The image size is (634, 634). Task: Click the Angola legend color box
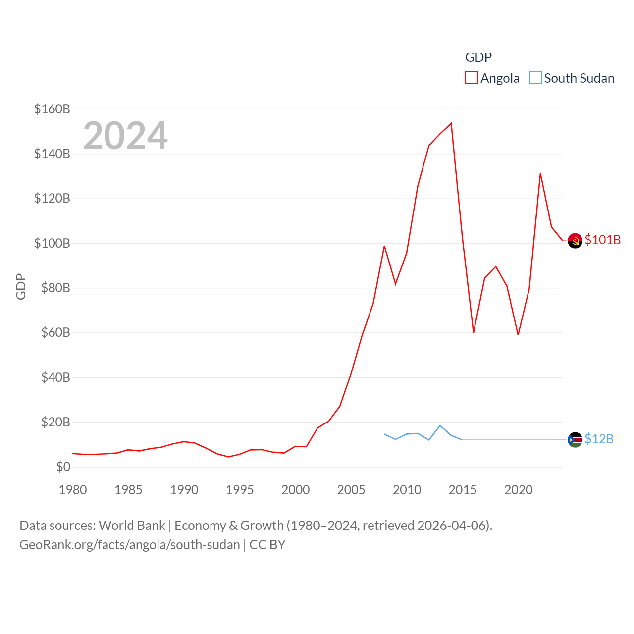472,78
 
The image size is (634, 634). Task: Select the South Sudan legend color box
535,78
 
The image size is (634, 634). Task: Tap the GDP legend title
478,57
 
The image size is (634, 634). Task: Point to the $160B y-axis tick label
52,109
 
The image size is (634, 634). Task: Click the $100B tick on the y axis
52,243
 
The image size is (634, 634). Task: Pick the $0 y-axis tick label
63,467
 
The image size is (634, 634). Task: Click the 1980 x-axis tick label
73,490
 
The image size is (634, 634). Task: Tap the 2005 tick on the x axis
351,490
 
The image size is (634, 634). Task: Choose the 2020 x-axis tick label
518,490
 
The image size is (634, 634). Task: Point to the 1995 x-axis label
240,490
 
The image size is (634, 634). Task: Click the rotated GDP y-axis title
21,286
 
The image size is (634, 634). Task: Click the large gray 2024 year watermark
125,136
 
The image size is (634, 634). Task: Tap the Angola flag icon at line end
575,241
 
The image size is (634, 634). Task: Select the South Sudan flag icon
575,440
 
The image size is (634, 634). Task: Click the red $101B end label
602,240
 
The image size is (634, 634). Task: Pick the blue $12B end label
599,439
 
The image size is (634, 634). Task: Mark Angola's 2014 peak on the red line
451,123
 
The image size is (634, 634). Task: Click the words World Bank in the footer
132,525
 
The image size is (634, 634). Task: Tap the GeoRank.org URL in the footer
130,545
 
